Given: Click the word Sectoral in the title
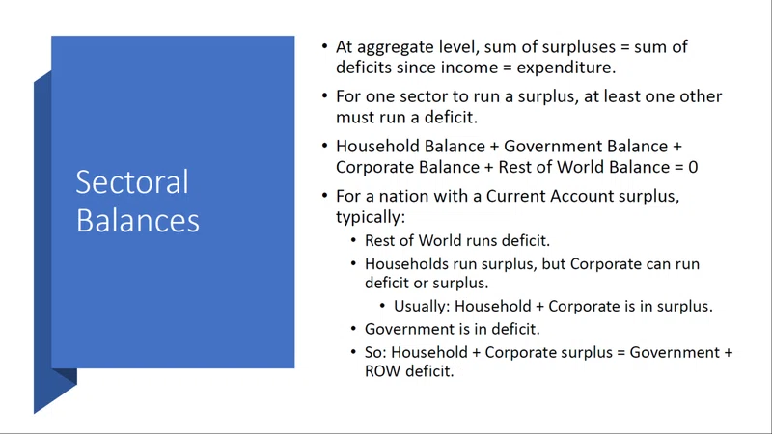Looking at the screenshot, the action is [132, 182].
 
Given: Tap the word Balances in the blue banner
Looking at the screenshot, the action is [137, 220].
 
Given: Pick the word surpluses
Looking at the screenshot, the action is [578, 47].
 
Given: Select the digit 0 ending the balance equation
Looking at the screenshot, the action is [693, 167].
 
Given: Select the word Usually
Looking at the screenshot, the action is [422, 307].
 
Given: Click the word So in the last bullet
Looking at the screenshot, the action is [375, 353].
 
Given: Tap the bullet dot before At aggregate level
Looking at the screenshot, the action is [324, 46].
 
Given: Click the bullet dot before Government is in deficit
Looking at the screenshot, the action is [353, 328].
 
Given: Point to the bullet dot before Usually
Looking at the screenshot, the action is [382, 305].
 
